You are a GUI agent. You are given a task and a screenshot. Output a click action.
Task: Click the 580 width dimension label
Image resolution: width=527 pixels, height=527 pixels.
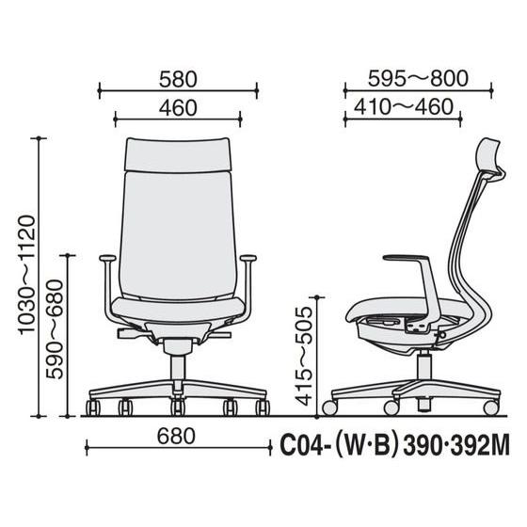coord(178,80)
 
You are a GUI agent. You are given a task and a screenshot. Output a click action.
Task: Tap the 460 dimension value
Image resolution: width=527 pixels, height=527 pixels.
coord(178,108)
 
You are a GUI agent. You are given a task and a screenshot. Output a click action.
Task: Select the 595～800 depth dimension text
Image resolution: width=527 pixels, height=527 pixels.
coord(418,78)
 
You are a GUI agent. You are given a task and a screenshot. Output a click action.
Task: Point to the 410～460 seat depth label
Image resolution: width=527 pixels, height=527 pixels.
coord(404,106)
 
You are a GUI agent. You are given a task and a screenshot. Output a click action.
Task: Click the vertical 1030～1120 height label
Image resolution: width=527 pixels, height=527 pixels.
coord(27,275)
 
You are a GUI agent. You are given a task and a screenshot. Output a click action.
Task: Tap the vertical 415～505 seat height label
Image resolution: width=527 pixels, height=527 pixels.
coord(304,357)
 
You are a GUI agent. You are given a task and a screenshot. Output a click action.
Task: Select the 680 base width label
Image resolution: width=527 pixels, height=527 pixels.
coord(176,436)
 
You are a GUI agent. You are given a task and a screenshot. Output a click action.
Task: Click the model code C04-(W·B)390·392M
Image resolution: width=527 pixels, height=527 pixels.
coord(394,446)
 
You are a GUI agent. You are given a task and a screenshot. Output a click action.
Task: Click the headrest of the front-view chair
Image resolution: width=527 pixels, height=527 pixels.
coord(178,155)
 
